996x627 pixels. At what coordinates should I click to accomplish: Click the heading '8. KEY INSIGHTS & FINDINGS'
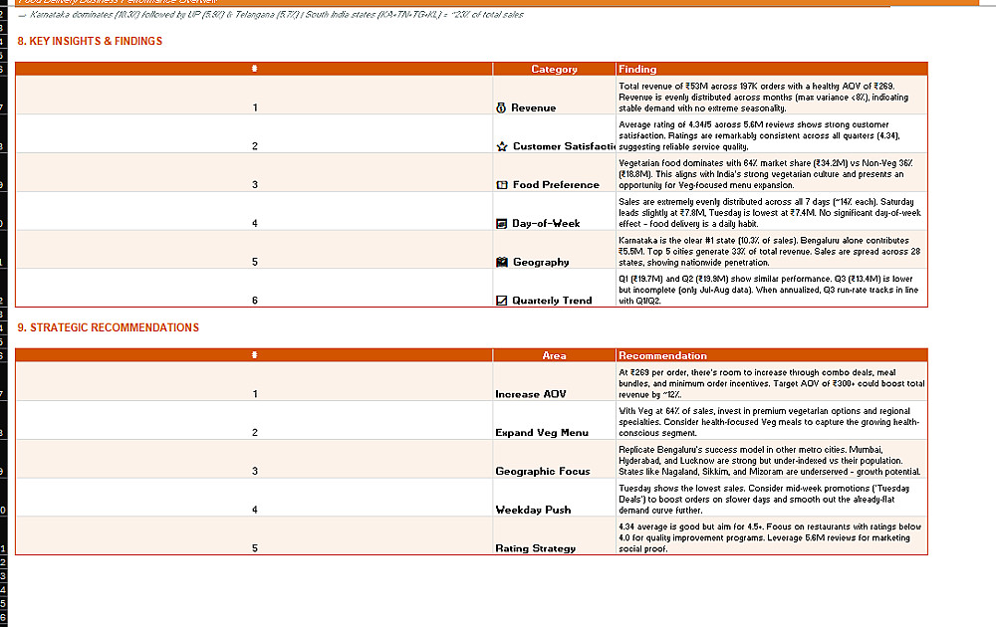[x=90, y=42]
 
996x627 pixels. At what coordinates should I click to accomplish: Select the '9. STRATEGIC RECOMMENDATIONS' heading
[x=108, y=327]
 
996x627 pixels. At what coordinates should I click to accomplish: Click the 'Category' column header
[x=554, y=70]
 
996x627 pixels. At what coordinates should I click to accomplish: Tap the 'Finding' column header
[x=637, y=70]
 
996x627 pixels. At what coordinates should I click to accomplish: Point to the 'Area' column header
[x=554, y=355]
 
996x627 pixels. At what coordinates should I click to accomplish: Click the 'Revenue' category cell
[x=534, y=107]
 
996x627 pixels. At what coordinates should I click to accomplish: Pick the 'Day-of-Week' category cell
[x=546, y=223]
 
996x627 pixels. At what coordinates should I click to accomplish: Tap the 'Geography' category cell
[x=540, y=262]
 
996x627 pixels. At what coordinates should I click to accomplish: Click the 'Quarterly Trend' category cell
[x=552, y=301]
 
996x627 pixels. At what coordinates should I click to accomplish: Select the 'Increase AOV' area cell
[x=531, y=394]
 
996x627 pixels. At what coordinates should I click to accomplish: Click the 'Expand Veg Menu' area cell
[x=542, y=433]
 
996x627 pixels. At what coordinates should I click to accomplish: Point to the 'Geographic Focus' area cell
[x=543, y=472]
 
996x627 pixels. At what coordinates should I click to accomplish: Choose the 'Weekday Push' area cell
[x=533, y=510]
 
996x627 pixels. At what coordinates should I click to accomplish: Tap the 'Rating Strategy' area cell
[x=535, y=548]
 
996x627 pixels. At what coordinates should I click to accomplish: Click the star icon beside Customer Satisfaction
[x=502, y=146]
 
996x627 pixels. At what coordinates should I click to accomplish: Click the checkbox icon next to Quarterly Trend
[x=502, y=301]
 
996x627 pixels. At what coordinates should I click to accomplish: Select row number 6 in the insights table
[x=255, y=301]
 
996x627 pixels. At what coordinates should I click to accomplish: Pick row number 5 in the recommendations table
[x=255, y=548]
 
